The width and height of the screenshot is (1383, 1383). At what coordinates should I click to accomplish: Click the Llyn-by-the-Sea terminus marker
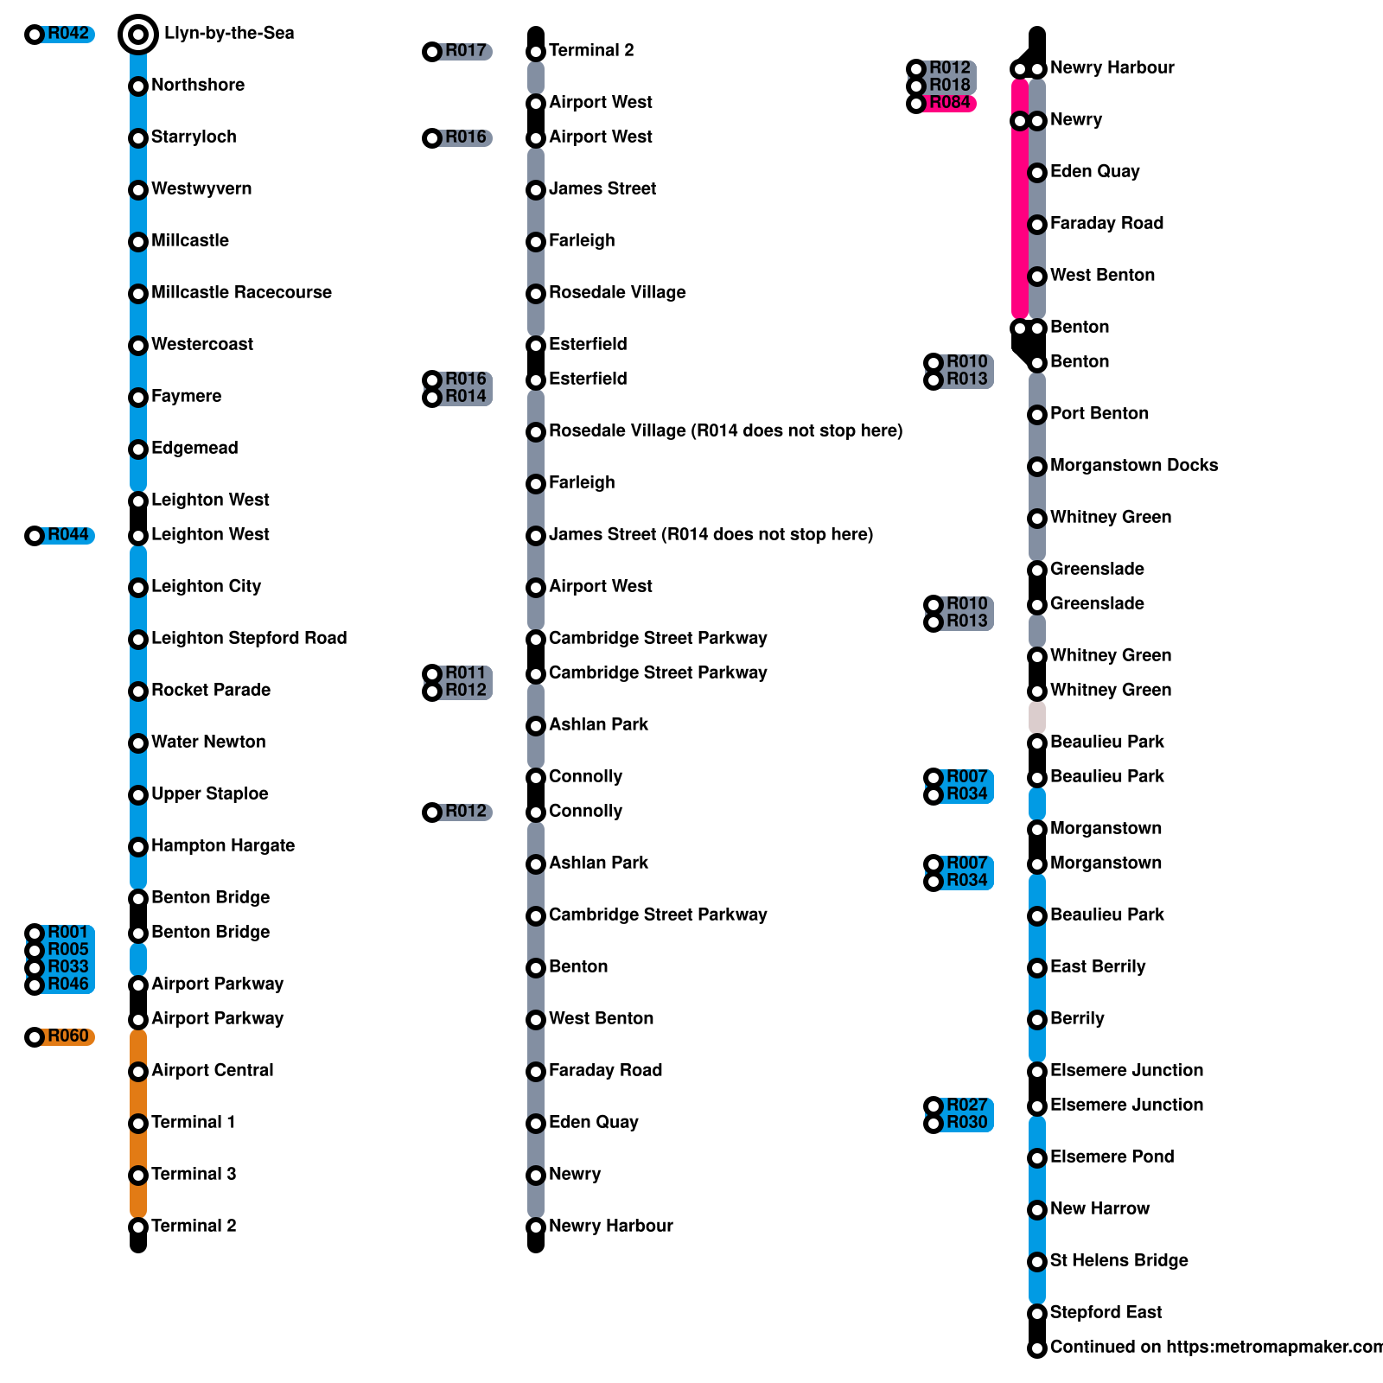click(x=138, y=35)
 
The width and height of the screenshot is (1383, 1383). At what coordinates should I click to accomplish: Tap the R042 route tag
click(x=67, y=34)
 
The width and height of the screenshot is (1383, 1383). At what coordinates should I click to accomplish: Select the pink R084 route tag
click(x=949, y=103)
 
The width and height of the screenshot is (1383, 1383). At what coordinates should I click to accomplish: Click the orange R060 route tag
click(x=67, y=1036)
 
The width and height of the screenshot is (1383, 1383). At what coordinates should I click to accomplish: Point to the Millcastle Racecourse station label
click(x=241, y=292)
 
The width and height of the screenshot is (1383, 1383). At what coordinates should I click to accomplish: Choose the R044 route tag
click(x=67, y=535)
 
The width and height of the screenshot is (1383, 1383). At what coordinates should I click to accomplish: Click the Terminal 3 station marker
click(x=138, y=1176)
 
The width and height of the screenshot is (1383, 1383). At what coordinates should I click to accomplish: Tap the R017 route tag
click(x=465, y=51)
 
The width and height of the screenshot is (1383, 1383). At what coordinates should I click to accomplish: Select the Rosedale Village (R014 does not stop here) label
click(x=725, y=430)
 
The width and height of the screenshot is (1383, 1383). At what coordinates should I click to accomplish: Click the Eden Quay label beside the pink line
click(x=1094, y=171)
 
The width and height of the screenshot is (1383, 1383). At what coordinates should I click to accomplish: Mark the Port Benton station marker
click(x=1037, y=415)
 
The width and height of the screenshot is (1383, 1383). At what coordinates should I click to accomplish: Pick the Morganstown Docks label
click(x=1134, y=465)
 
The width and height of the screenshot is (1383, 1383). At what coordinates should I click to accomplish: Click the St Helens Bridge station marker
click(x=1037, y=1262)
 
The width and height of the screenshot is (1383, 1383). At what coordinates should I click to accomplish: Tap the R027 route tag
click(x=966, y=1106)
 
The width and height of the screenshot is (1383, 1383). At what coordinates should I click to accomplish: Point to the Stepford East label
click(x=1106, y=1312)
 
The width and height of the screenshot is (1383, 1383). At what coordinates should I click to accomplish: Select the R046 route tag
click(x=67, y=985)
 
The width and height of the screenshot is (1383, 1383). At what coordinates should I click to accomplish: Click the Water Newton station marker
click(x=138, y=743)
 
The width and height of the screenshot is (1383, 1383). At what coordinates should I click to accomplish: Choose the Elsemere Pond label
click(x=1112, y=1157)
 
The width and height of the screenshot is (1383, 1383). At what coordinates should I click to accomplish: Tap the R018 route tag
click(x=949, y=85)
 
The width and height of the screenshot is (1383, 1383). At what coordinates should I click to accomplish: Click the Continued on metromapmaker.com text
click(x=1214, y=1347)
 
